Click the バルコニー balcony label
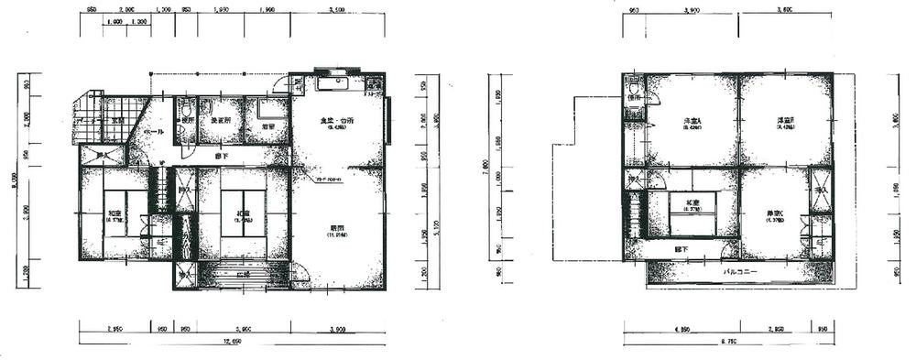coord(739,273)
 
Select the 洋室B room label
coord(785,121)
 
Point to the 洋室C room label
coord(779,214)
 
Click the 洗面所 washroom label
coord(220,121)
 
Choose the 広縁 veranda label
coord(243,274)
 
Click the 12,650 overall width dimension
coord(230,345)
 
